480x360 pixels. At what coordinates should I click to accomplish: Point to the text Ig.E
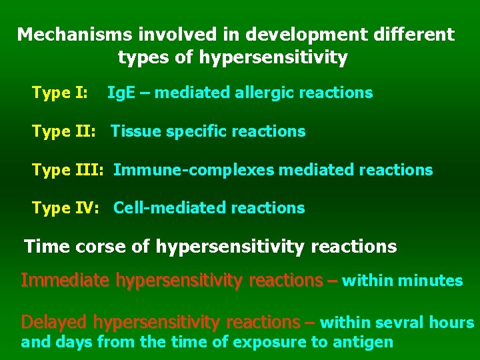pos(122,93)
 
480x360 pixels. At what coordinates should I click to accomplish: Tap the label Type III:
pos(67,170)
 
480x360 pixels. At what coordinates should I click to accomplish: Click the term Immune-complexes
pos(193,170)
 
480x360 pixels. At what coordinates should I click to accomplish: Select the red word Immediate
pos(65,281)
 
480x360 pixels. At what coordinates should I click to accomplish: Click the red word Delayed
pos(54,323)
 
